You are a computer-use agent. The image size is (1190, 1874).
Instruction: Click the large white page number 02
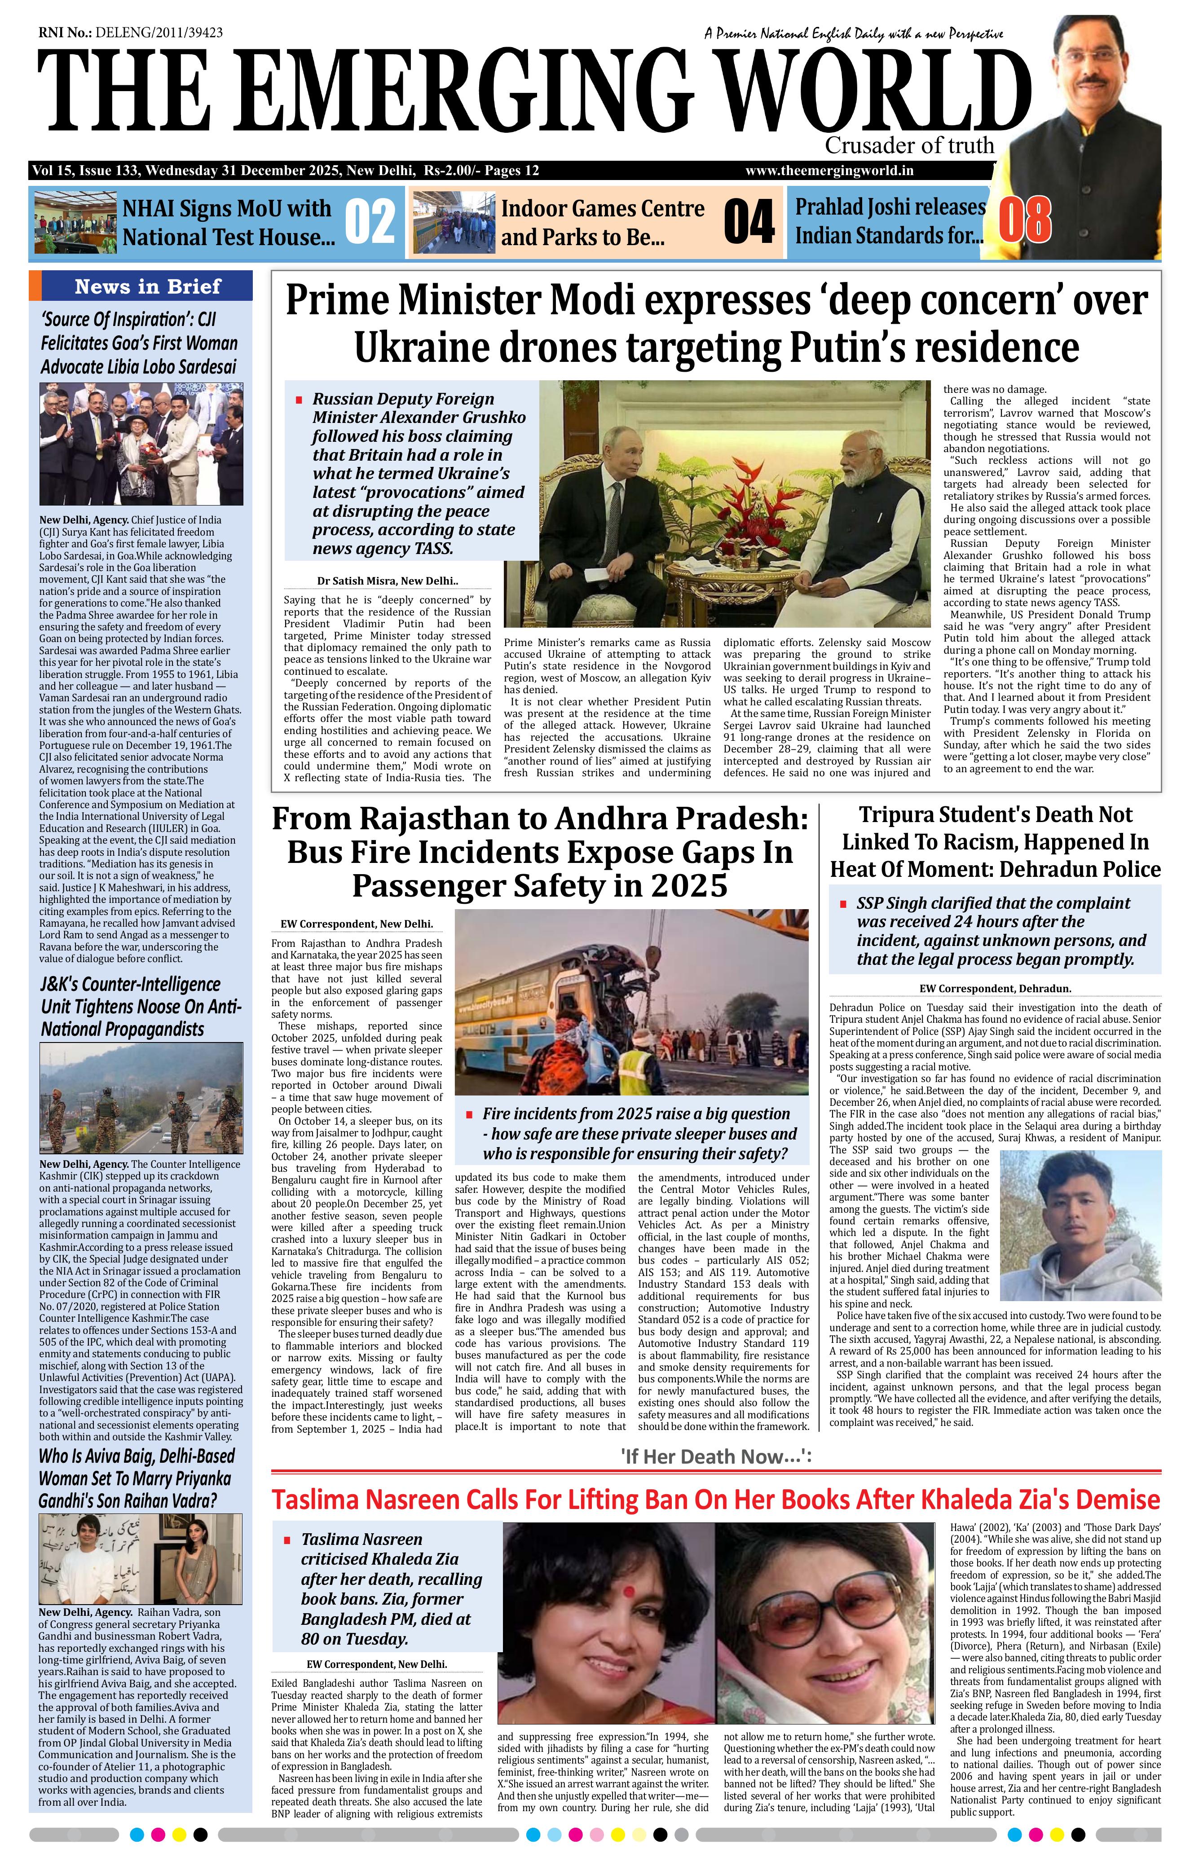(370, 221)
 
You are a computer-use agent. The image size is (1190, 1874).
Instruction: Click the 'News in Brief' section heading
(148, 286)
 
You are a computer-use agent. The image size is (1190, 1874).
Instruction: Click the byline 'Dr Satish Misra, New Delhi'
(387, 581)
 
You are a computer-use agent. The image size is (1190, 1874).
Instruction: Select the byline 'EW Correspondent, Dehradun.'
(995, 988)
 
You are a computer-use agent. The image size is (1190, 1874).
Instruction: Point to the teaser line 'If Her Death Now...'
(716, 1456)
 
